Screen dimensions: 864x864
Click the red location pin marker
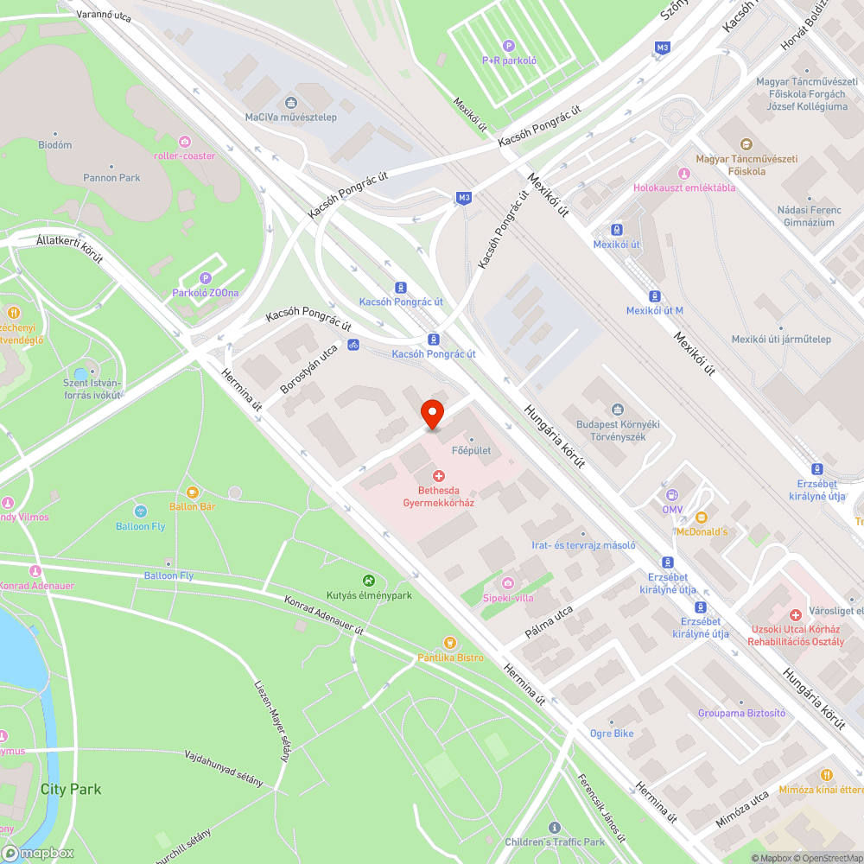click(x=432, y=414)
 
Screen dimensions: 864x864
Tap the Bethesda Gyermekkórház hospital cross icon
click(x=439, y=476)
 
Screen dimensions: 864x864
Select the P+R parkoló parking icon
click(x=509, y=46)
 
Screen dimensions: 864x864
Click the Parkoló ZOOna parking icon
click(x=205, y=278)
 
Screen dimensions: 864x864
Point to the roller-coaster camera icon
click(x=184, y=141)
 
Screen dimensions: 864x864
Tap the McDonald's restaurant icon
click(x=702, y=517)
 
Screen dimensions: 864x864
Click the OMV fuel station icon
click(x=671, y=495)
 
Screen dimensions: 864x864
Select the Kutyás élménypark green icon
click(x=369, y=581)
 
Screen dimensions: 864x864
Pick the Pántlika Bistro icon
click(x=449, y=643)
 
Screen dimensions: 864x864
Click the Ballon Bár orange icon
click(x=192, y=492)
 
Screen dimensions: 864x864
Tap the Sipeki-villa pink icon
click(x=507, y=583)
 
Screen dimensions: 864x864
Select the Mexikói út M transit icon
click(x=654, y=295)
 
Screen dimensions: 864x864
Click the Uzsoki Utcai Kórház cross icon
click(x=795, y=614)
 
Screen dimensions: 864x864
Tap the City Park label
click(x=71, y=789)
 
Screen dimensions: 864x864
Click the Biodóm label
click(x=55, y=145)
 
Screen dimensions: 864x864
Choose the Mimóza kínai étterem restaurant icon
click(x=827, y=775)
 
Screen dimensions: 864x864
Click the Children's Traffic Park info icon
click(x=554, y=828)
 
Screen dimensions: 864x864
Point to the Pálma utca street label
click(x=550, y=623)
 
